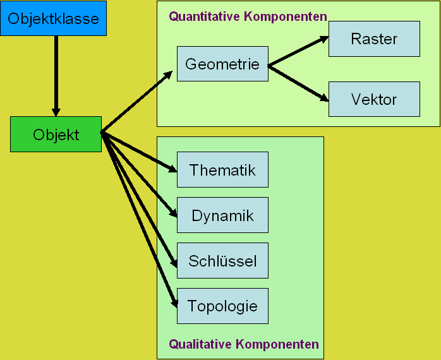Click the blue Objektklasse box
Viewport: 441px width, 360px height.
[53, 18]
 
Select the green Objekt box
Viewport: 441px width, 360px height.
[56, 134]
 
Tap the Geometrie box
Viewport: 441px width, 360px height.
[222, 64]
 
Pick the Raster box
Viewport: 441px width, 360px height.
[374, 39]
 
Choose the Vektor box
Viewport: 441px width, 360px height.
[374, 99]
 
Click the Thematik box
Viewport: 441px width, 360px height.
[222, 170]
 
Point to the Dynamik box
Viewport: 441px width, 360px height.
[222, 215]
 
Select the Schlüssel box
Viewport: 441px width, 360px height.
[222, 261]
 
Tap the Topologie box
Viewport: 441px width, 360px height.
[222, 306]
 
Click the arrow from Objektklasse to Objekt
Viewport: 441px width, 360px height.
[56, 76]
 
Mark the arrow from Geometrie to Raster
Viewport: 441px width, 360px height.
[298, 51]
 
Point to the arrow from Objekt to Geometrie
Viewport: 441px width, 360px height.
[136, 101]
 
